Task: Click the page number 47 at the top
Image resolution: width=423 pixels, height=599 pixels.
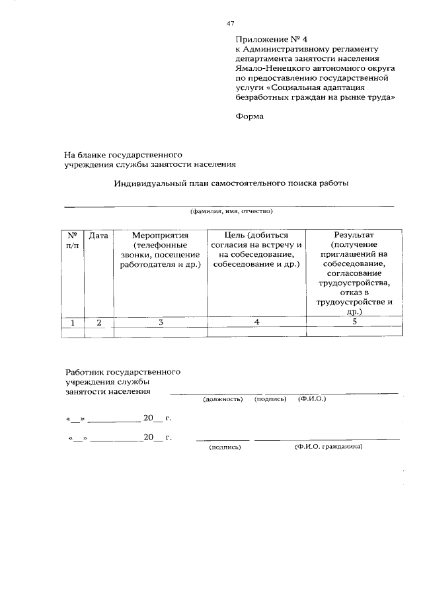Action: pyautogui.click(x=231, y=23)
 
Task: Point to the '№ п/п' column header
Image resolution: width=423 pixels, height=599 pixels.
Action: pyautogui.click(x=73, y=240)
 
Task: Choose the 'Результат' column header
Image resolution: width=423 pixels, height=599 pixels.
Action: pyautogui.click(x=354, y=236)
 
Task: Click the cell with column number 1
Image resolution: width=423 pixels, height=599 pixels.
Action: pyautogui.click(x=73, y=322)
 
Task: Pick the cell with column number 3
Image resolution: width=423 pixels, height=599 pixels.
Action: pyautogui.click(x=160, y=322)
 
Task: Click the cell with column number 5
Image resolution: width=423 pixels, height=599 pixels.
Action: pyautogui.click(x=354, y=322)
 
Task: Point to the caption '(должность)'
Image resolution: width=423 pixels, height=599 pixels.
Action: pyautogui.click(x=223, y=399)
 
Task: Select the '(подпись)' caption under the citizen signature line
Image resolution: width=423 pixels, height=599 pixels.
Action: pyautogui.click(x=224, y=447)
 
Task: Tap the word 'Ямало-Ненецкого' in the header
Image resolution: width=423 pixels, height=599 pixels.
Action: pyautogui.click(x=270, y=68)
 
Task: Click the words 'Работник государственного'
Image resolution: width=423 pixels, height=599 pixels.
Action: pyautogui.click(x=122, y=373)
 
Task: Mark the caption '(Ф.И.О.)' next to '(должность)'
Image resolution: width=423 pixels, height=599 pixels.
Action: pyautogui.click(x=312, y=399)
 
